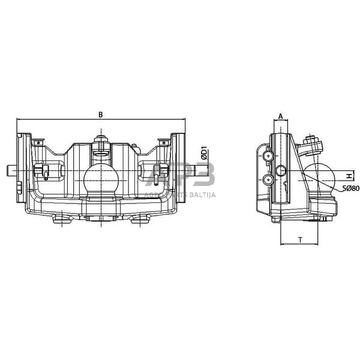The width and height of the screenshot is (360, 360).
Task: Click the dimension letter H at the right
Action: (348, 176)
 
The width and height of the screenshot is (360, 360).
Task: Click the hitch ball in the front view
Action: (100, 179)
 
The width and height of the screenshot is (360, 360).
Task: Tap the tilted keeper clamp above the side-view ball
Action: (313, 146)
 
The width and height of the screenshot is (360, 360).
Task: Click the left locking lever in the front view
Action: (43, 172)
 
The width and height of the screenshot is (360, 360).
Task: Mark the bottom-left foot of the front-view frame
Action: (59, 220)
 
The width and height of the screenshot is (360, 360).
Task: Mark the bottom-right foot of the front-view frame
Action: (140, 220)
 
